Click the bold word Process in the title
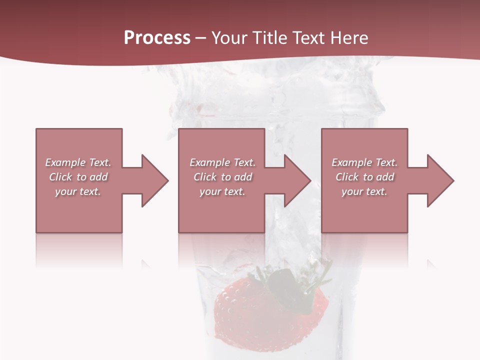coord(157,38)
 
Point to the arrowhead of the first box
coord(154,180)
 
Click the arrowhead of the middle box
coord(297,180)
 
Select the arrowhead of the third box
coord(440,180)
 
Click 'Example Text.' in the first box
coord(78,162)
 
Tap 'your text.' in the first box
coord(78,191)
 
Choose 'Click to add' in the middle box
coord(222,177)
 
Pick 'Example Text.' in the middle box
coord(222,162)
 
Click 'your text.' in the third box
coord(364,191)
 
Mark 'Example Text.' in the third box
coord(364,162)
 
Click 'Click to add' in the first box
coord(78,177)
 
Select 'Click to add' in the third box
coord(364,177)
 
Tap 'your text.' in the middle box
coord(222,191)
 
